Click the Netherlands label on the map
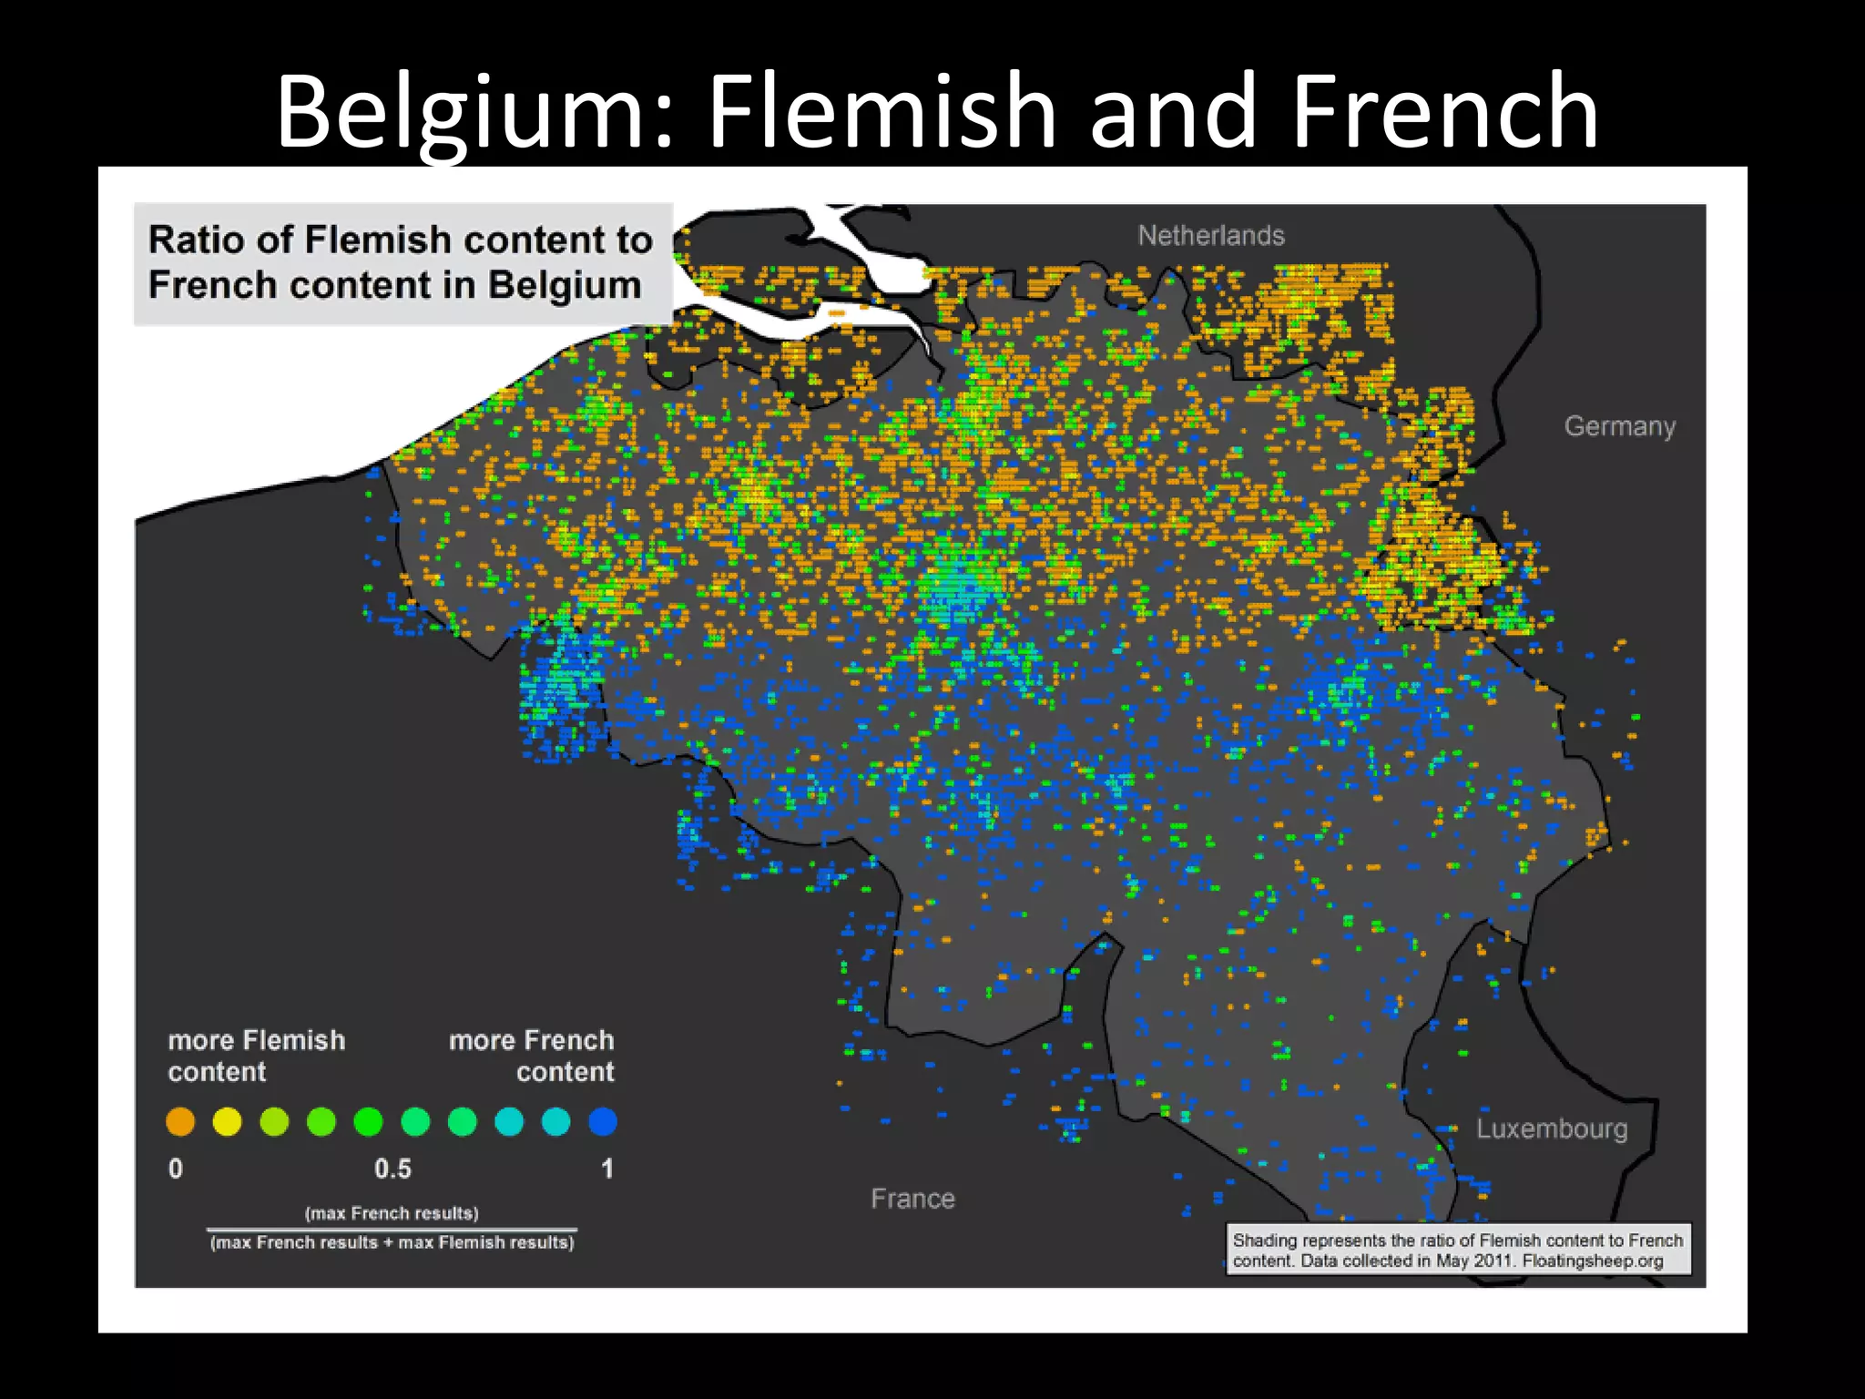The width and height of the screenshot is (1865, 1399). click(1210, 236)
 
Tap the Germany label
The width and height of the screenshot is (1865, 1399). click(1619, 426)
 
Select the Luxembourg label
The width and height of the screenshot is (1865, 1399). click(1551, 1128)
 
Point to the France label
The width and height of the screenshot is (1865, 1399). click(912, 1199)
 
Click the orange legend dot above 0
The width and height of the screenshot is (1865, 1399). click(180, 1121)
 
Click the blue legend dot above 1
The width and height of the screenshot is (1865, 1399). click(603, 1121)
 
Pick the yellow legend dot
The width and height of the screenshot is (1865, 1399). click(227, 1121)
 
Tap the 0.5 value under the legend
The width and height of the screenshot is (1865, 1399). click(392, 1169)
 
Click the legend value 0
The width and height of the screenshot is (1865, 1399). click(176, 1169)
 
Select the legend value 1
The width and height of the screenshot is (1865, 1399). click(607, 1169)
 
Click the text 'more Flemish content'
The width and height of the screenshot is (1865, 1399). click(256, 1056)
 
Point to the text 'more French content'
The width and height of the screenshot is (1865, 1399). click(532, 1056)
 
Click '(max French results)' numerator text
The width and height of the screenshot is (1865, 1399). click(392, 1213)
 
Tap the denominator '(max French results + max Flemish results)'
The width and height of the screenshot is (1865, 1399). click(392, 1242)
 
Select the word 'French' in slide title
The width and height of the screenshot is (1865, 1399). click(1444, 111)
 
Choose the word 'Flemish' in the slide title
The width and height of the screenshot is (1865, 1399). click(882, 111)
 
